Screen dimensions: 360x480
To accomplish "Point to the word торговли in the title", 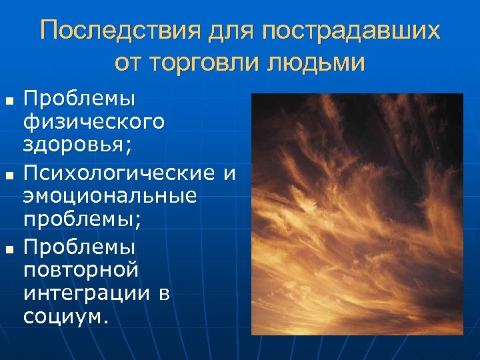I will (x=209, y=63).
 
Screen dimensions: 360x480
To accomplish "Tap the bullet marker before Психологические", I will (x=9, y=175).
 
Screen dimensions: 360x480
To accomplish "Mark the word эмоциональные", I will (x=110, y=197).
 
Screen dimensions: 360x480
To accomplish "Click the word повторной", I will (x=81, y=270).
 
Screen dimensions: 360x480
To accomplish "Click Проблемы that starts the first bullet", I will (x=79, y=99).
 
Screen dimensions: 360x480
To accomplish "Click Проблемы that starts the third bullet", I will (x=79, y=246).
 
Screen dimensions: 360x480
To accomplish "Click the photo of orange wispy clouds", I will (x=357, y=213).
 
